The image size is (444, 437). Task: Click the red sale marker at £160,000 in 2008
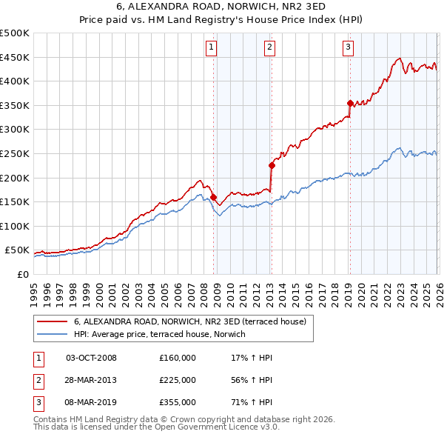213,198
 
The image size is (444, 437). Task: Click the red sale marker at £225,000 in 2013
272,166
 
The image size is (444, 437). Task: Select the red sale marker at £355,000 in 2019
349,103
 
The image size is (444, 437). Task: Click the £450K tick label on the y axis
15,57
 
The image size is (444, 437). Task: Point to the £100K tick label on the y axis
15,226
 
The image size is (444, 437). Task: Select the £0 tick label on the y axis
21,275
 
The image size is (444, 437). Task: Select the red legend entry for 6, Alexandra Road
194,321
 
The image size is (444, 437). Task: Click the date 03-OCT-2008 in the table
92,358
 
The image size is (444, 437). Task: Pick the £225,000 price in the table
177,380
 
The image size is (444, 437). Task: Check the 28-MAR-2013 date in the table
92,380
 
